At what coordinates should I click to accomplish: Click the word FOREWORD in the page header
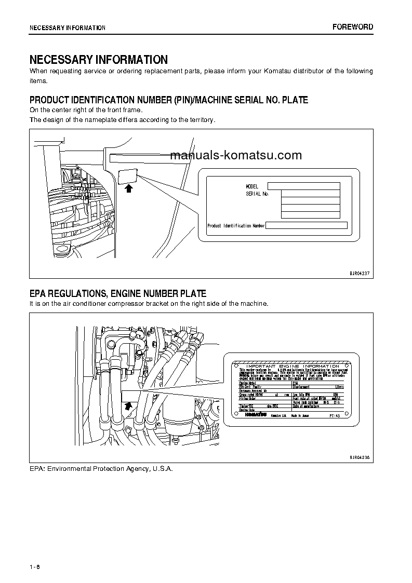tap(353, 27)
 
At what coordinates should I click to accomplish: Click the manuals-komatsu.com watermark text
tap(236, 155)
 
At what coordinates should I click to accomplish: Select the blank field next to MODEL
tap(303, 186)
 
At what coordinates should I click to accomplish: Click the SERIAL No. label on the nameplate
tap(257, 194)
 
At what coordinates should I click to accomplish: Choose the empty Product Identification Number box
tap(307, 225)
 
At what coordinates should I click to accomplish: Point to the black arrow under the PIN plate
tap(129, 189)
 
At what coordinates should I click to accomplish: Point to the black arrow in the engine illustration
tap(127, 406)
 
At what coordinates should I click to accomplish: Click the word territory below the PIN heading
tap(200, 119)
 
